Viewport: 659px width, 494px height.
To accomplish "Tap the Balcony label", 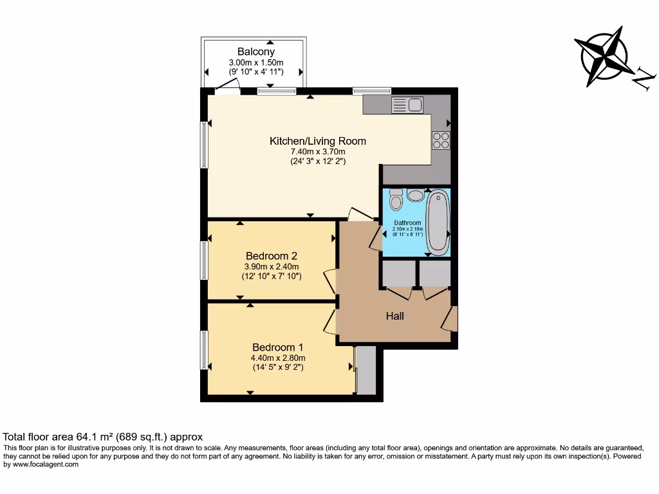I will [x=255, y=51].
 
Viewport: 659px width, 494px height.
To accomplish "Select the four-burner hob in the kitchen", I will [x=441, y=140].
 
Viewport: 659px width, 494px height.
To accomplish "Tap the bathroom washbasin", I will [x=416, y=195].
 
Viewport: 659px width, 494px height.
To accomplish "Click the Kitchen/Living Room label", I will [x=317, y=141].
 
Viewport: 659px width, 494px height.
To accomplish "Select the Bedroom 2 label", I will [x=271, y=255].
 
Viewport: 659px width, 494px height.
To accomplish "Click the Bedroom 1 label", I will [x=277, y=347].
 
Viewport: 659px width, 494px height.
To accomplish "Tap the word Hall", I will [x=394, y=316].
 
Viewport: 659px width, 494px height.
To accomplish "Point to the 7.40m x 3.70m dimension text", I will [x=318, y=152].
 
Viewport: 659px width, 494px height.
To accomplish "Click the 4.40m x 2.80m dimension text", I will [x=278, y=358].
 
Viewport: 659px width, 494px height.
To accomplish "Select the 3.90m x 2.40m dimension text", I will [x=271, y=266].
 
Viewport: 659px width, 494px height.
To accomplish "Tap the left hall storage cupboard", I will [x=398, y=273].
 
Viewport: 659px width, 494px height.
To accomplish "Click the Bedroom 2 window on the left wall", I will [x=204, y=261].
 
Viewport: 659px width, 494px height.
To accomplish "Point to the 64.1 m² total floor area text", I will [x=103, y=436].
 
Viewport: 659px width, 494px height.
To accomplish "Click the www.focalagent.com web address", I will [x=45, y=464].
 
